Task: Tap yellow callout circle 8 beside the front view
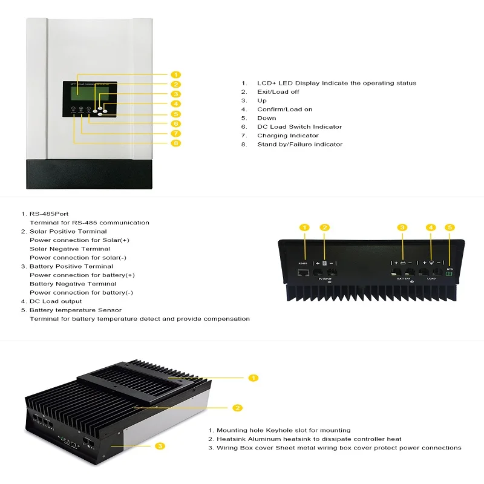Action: (175, 143)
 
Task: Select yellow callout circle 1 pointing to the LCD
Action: (175, 74)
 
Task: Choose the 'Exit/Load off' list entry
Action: (278, 92)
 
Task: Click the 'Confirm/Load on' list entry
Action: (284, 110)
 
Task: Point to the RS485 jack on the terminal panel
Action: (303, 273)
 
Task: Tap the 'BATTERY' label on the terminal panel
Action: (404, 280)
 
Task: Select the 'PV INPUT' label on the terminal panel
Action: (324, 280)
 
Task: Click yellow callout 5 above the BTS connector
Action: (450, 227)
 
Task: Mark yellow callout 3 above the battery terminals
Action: (402, 227)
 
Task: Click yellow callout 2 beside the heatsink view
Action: (238, 408)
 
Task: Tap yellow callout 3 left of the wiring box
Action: (160, 446)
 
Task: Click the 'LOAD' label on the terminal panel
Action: (431, 280)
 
